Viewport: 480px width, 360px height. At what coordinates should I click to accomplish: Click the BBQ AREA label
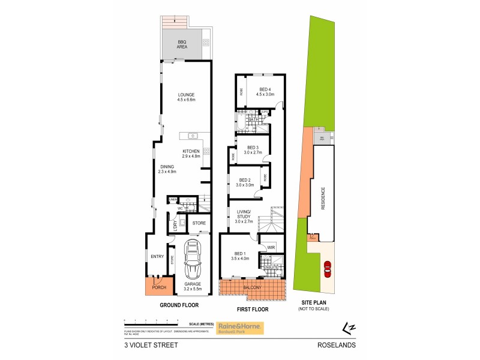pos(182,44)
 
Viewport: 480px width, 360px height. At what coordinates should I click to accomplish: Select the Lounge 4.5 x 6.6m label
pos(185,97)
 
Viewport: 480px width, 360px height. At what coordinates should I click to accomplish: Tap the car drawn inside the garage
pos(192,259)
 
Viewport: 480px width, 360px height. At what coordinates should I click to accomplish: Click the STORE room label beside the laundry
pos(199,223)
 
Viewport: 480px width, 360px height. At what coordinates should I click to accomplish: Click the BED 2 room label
pos(245,182)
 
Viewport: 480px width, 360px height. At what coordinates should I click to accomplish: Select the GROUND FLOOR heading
pos(178,305)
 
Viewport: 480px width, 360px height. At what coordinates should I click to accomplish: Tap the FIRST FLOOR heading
pos(252,310)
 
